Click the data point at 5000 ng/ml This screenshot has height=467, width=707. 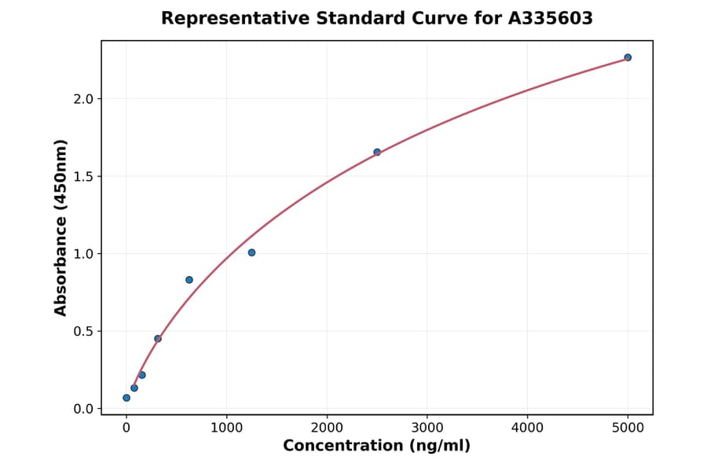[628, 57]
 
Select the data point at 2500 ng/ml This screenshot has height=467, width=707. [377, 152]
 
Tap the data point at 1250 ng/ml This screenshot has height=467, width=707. [251, 252]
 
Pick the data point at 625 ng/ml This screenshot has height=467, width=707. [189, 280]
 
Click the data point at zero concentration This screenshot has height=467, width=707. [126, 398]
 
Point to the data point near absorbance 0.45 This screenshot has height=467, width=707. [158, 339]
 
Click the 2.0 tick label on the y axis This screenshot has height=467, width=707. [83, 99]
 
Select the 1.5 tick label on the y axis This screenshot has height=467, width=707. [83, 176]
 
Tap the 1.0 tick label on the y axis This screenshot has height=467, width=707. [83, 254]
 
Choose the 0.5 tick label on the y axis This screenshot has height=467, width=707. [83, 331]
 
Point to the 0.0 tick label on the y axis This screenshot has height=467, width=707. [83, 409]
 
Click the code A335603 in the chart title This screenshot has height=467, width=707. [549, 18]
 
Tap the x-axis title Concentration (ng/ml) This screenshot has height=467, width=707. [376, 447]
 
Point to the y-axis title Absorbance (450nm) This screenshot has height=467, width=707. [61, 227]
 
